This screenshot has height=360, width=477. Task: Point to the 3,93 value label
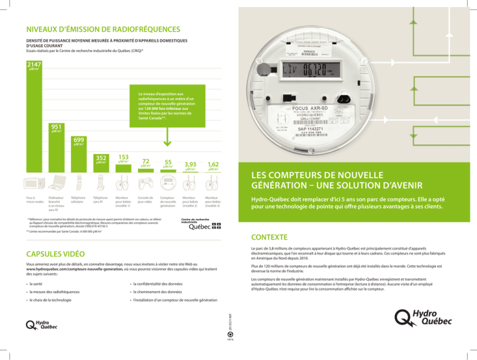click(x=189, y=164)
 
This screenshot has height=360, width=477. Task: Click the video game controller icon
click(x=145, y=186)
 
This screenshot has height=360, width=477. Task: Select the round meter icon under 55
click(x=168, y=185)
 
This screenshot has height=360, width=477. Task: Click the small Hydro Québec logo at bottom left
click(x=39, y=324)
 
